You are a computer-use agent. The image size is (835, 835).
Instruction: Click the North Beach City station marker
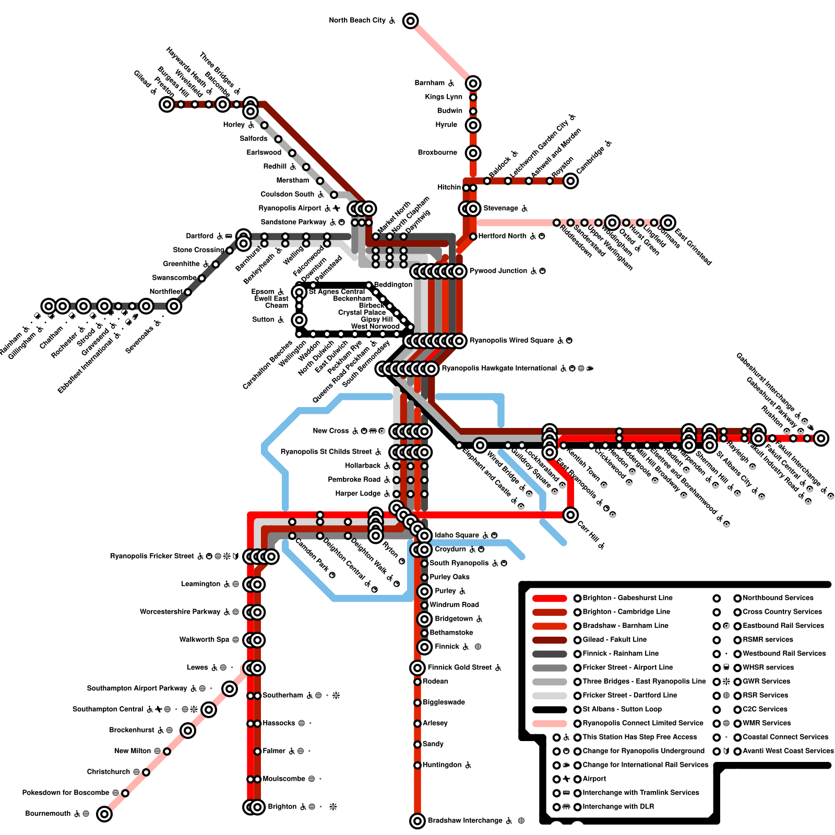tap(411, 21)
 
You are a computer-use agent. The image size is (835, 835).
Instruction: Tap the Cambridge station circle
tap(570, 181)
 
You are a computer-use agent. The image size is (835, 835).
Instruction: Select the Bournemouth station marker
tap(104, 814)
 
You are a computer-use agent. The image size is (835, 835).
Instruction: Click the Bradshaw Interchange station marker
tap(417, 821)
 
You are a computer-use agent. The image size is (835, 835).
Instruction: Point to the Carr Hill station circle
tap(570, 515)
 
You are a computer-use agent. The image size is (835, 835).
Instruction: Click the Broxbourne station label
tap(437, 153)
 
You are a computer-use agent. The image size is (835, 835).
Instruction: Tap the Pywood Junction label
tap(498, 271)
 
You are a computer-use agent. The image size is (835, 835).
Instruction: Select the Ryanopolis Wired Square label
tap(512, 341)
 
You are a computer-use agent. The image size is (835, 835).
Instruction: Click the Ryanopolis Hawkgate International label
tap(499, 368)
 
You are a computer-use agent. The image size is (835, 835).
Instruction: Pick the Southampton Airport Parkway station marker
tap(230, 689)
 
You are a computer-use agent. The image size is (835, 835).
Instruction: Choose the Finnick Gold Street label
tap(460, 667)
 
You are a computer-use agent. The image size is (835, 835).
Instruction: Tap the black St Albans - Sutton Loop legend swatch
tap(550, 709)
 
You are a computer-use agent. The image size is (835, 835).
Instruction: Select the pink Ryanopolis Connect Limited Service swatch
tap(550, 723)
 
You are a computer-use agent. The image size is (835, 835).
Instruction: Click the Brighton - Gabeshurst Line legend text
tap(627, 598)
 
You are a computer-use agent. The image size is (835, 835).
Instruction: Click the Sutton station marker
tap(299, 320)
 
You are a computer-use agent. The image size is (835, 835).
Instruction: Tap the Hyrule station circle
tap(473, 125)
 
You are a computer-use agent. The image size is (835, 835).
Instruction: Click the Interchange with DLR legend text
tap(618, 807)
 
